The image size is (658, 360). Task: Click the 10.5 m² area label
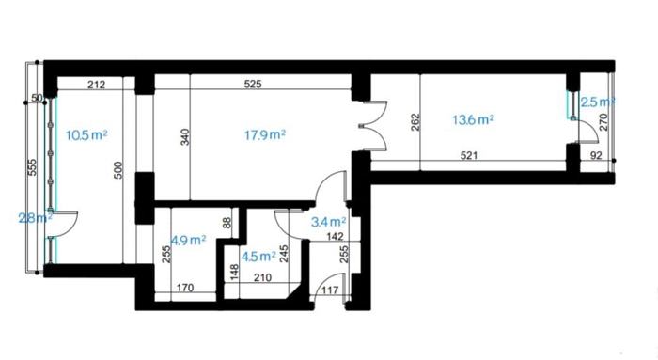coord(86,135)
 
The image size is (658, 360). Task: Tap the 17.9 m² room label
coord(265,134)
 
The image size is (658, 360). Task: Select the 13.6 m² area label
coord(473,120)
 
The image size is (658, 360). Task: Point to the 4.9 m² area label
coord(188,241)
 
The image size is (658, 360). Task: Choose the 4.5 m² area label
coord(258,256)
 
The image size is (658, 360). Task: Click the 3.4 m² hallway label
coord(329,222)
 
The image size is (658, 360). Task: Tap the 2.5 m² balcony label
coord(598,102)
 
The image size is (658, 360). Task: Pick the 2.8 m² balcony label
coord(36,218)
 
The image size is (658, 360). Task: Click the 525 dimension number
coord(253,84)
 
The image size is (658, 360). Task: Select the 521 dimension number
coord(469,156)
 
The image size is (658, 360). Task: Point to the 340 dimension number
coord(185,137)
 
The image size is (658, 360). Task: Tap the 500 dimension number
coord(118,170)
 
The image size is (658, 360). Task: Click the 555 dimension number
coord(33,167)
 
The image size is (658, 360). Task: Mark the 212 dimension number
coord(97,85)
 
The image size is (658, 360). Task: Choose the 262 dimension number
coord(415,122)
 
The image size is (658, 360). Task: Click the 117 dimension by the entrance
coord(330,290)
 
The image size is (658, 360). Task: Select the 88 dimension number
coord(227,222)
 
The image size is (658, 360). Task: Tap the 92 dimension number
coord(596,156)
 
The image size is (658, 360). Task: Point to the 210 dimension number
coord(262,277)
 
